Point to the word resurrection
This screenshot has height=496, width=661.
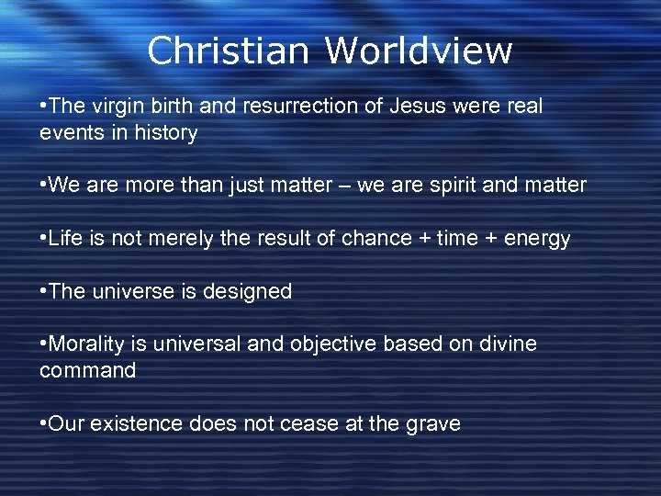click(298, 107)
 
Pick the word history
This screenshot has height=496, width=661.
click(164, 133)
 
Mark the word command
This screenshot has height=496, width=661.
click(87, 371)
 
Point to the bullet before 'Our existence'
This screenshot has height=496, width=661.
click(43, 424)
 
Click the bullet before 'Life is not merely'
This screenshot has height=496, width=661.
click(43, 239)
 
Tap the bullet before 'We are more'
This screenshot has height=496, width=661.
click(43, 186)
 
